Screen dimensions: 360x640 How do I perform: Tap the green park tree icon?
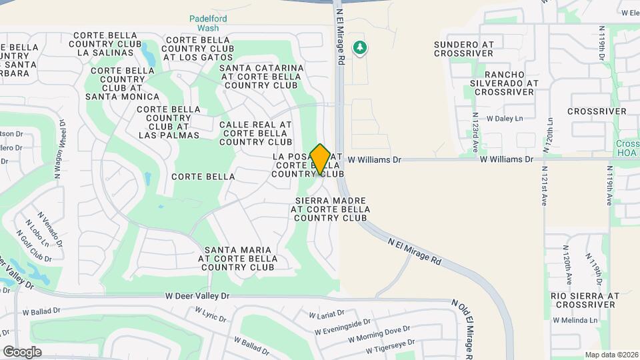point(361,47)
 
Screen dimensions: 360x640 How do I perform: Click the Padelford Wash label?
point(203,24)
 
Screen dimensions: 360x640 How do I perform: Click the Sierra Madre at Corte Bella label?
point(329,209)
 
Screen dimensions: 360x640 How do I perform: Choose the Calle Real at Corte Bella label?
point(255,133)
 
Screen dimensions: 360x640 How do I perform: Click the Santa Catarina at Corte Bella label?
point(261,77)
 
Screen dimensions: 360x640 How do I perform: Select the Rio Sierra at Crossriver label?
point(584,300)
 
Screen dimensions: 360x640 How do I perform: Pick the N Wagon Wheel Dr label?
point(58,151)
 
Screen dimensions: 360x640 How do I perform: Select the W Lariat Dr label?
point(326,313)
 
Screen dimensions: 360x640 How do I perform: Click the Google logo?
point(22,352)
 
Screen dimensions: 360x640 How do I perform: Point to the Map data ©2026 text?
point(611,355)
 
